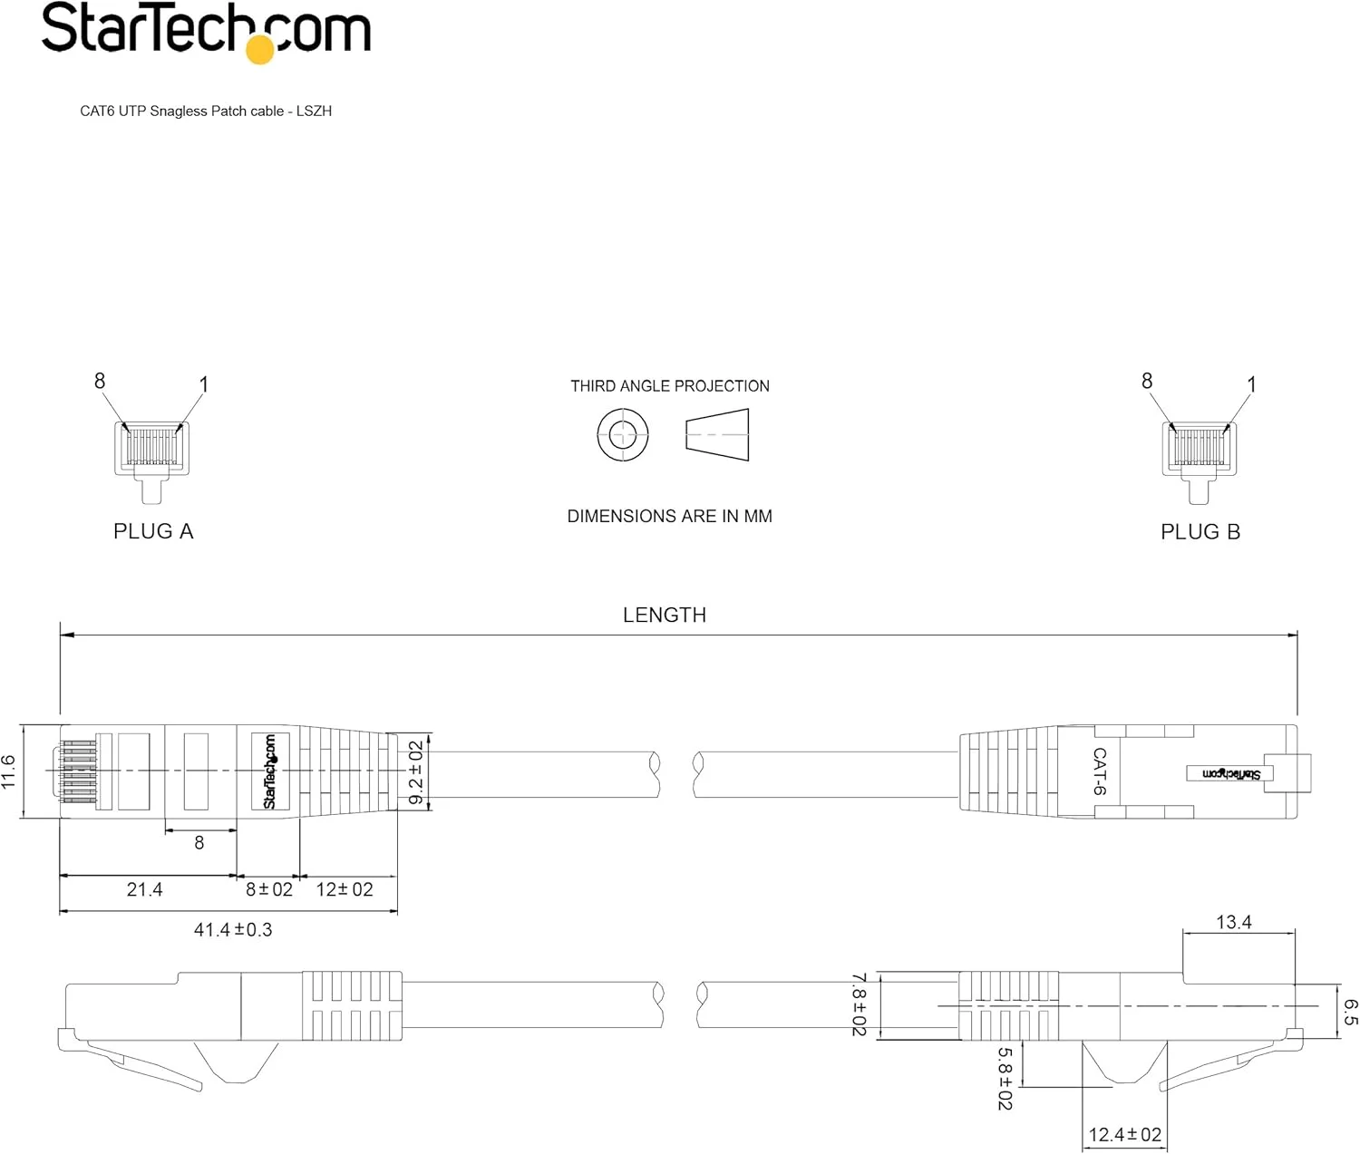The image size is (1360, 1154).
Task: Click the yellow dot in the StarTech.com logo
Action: [x=260, y=50]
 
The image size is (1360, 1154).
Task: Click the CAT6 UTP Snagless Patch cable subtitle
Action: [x=206, y=111]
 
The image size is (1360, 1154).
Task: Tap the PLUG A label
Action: [x=153, y=531]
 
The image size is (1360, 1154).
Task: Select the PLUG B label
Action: [x=1200, y=532]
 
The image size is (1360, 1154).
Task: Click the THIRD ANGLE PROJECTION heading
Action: [x=669, y=386]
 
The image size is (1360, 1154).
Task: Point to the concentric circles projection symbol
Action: [x=623, y=434]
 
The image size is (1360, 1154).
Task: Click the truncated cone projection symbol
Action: [x=717, y=435]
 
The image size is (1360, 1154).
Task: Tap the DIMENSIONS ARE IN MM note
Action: [x=669, y=517]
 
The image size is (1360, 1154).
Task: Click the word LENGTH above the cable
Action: [x=664, y=615]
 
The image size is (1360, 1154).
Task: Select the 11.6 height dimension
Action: [x=9, y=772]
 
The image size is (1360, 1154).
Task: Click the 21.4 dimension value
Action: [x=144, y=890]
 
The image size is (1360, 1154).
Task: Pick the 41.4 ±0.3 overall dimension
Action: [x=233, y=930]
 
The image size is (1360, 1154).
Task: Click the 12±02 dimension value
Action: [x=345, y=890]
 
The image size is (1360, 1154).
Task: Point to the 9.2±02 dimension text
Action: [x=416, y=772]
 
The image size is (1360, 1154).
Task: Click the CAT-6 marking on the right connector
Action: [x=1100, y=771]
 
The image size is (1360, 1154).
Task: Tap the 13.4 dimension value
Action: [x=1233, y=923]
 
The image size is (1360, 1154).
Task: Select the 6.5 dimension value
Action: [x=1350, y=1013]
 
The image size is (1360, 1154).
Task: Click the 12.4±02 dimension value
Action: [x=1124, y=1135]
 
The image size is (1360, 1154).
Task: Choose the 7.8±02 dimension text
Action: [x=859, y=1004]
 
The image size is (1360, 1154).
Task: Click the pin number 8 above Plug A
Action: [x=100, y=382]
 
